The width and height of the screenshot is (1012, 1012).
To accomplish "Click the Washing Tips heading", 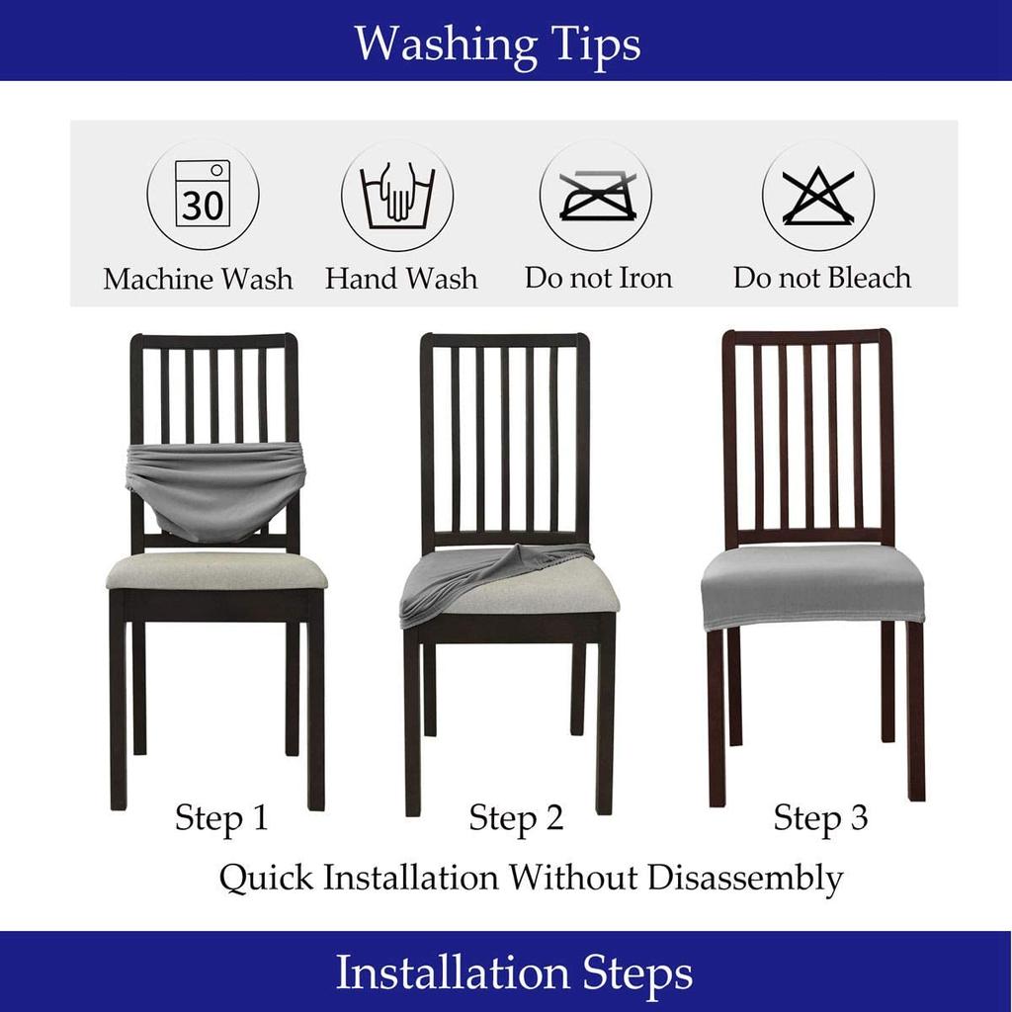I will [497, 43].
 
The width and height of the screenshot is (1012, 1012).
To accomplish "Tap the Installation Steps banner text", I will [513, 972].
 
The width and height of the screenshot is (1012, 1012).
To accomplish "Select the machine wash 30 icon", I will [203, 195].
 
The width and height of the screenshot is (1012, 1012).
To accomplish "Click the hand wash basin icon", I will [397, 195].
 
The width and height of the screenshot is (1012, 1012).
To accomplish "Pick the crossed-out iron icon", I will [595, 195].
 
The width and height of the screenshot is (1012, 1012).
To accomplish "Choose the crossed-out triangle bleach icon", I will [817, 195].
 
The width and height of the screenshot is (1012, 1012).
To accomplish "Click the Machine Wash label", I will [198, 279].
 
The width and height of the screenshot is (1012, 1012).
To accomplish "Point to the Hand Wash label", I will [400, 279].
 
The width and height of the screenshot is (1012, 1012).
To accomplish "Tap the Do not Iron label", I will [598, 278].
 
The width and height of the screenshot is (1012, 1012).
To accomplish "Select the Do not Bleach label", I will [821, 278].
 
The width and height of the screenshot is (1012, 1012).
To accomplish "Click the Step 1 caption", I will [221, 818].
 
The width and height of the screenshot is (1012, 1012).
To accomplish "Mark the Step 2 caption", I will [516, 818].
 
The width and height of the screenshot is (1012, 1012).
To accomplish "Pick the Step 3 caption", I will [820, 818].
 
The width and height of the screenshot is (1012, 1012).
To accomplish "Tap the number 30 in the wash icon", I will [203, 207].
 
